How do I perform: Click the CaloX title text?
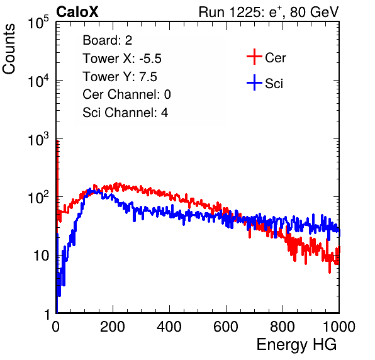tap(77, 12)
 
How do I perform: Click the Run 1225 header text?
tap(269, 12)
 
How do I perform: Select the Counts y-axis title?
tap(9, 49)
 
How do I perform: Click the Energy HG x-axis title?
tap(296, 345)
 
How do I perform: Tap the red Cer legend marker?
tap(254, 57)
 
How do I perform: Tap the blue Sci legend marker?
tap(254, 82)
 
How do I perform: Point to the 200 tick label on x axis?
tap(113, 327)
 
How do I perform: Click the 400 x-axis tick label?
tap(169, 327)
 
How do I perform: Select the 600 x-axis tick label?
tap(226, 327)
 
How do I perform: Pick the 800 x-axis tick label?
tap(283, 327)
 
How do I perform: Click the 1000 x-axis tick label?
tap(339, 327)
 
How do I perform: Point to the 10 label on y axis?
tap(41, 256)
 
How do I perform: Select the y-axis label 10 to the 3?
tap(38, 139)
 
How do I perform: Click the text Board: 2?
tap(108, 40)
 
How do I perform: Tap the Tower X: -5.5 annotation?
tap(122, 59)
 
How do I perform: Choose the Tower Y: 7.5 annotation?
tap(120, 77)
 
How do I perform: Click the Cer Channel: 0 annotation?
tap(126, 94)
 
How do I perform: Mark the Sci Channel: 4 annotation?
tap(125, 113)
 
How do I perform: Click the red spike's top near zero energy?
tap(57, 140)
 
